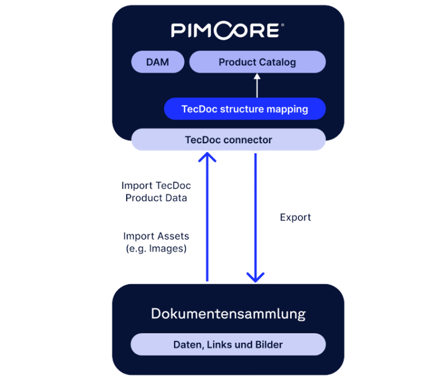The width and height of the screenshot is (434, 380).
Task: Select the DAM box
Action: [158, 62]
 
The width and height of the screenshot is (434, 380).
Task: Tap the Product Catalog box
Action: [257, 62]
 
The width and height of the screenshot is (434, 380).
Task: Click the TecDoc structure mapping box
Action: [245, 109]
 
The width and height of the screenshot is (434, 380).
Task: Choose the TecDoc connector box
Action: [228, 140]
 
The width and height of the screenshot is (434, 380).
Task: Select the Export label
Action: [296, 217]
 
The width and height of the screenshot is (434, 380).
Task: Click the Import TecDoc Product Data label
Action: [157, 192]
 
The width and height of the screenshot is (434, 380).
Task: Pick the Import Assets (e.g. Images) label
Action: [157, 242]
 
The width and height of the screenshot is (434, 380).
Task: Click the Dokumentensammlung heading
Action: [228, 313]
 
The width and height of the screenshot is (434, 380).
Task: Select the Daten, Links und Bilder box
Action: [228, 345]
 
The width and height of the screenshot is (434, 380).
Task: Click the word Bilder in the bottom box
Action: [269, 345]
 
